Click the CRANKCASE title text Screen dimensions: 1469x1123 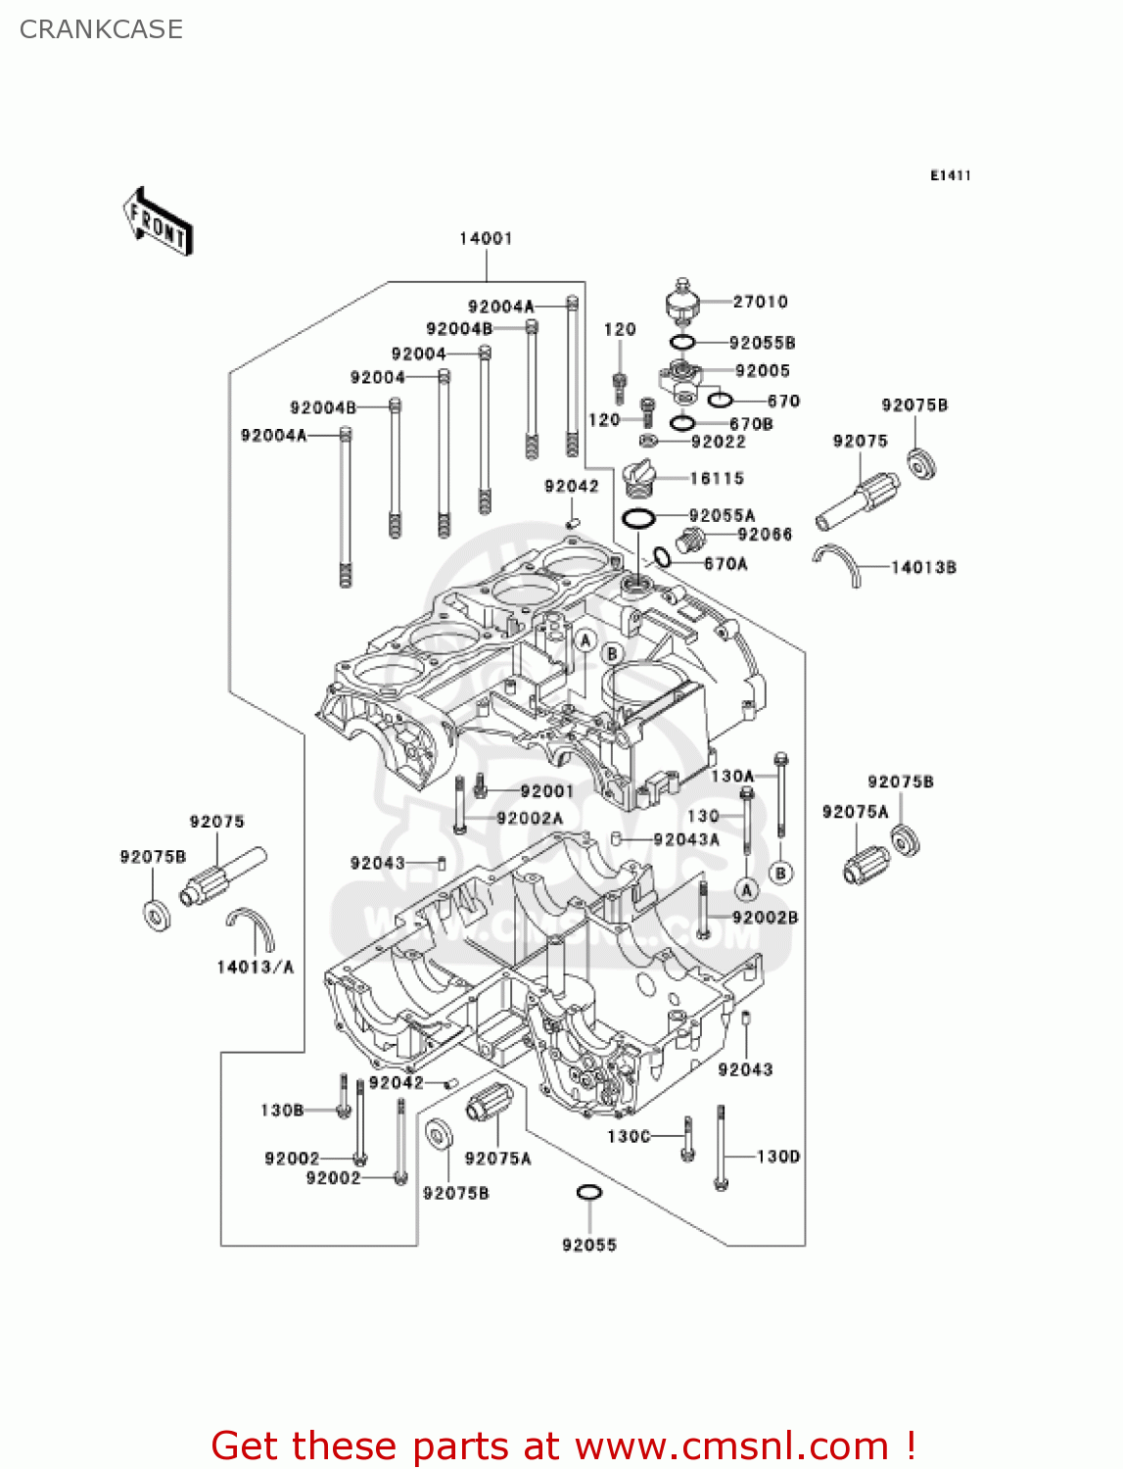point(101,29)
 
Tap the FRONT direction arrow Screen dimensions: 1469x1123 point(158,222)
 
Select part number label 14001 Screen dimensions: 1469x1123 point(486,238)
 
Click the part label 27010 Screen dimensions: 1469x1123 point(760,302)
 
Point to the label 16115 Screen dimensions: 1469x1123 point(717,478)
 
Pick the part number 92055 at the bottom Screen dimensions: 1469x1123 point(589,1245)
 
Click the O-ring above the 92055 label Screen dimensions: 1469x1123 point(588,1192)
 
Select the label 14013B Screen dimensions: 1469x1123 point(923,567)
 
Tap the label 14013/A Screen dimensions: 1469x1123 point(255,967)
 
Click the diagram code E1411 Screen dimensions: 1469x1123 point(950,175)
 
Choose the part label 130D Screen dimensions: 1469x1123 point(778,1157)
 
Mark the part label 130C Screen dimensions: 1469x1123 point(629,1136)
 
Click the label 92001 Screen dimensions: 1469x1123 point(546,791)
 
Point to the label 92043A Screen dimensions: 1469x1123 point(686,839)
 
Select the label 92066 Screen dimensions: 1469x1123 point(765,534)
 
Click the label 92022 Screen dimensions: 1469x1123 point(718,442)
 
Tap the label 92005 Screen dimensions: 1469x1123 point(762,370)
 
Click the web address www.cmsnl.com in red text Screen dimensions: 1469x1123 point(731,1445)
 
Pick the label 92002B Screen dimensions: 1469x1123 point(765,917)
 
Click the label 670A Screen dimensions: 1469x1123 point(725,563)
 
